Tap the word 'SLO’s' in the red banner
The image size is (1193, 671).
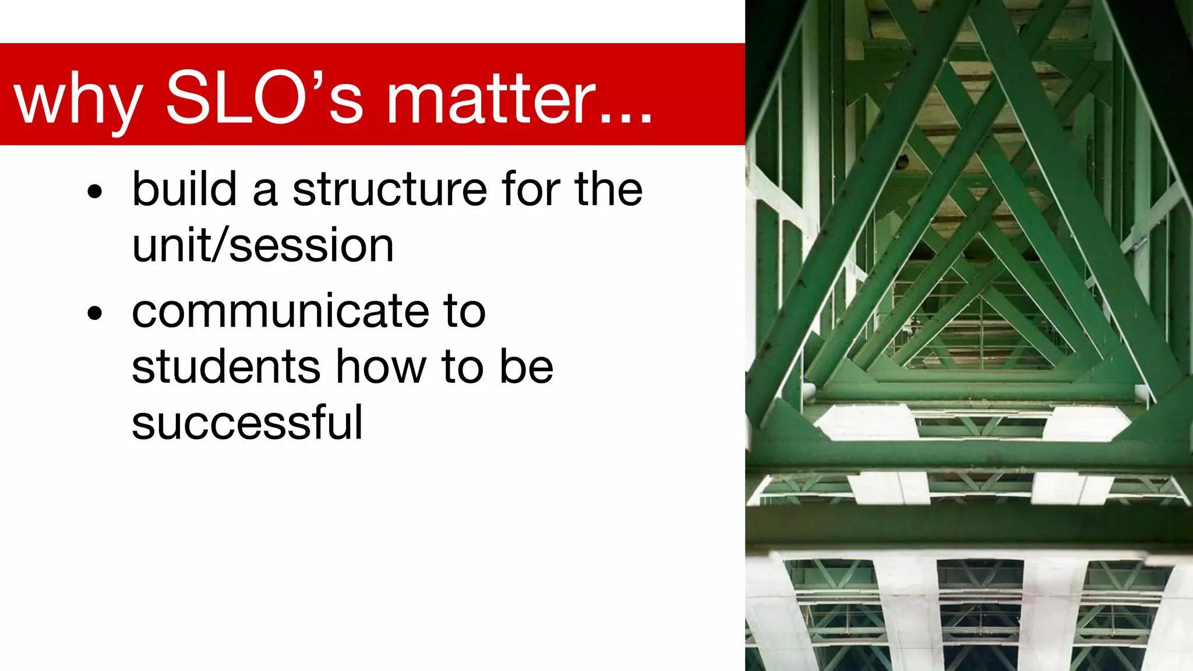(x=265, y=98)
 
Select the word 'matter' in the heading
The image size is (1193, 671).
(x=492, y=99)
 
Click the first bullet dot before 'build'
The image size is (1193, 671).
(x=94, y=192)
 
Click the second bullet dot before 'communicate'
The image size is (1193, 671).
(x=94, y=313)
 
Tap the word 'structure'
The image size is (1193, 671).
(x=389, y=190)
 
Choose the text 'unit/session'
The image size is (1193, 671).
(x=263, y=246)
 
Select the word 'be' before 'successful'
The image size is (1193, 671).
(x=527, y=367)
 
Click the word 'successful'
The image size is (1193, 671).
(x=247, y=423)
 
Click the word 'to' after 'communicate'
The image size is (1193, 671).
(x=464, y=312)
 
